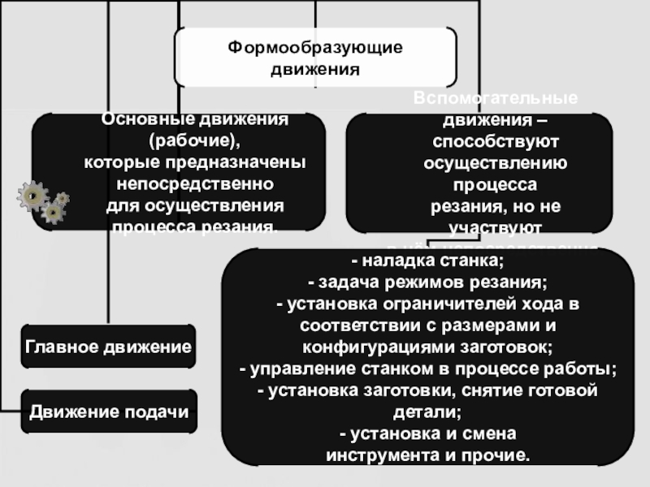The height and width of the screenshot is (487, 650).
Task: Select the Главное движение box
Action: (108, 347)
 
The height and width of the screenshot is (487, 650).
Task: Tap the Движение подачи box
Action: (108, 412)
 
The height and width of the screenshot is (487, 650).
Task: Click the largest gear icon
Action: (32, 196)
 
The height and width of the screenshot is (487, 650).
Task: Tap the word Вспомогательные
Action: (496, 98)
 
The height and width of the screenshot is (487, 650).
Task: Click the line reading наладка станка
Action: (427, 261)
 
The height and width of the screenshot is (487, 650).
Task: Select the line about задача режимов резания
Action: (427, 283)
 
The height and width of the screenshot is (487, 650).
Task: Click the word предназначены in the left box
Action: (245, 162)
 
